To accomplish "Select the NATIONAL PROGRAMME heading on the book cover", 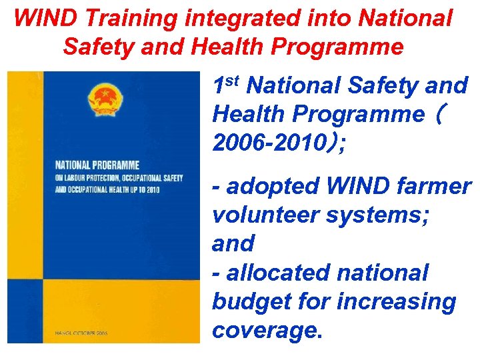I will point(97,165).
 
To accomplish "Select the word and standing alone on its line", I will point(233,244).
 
